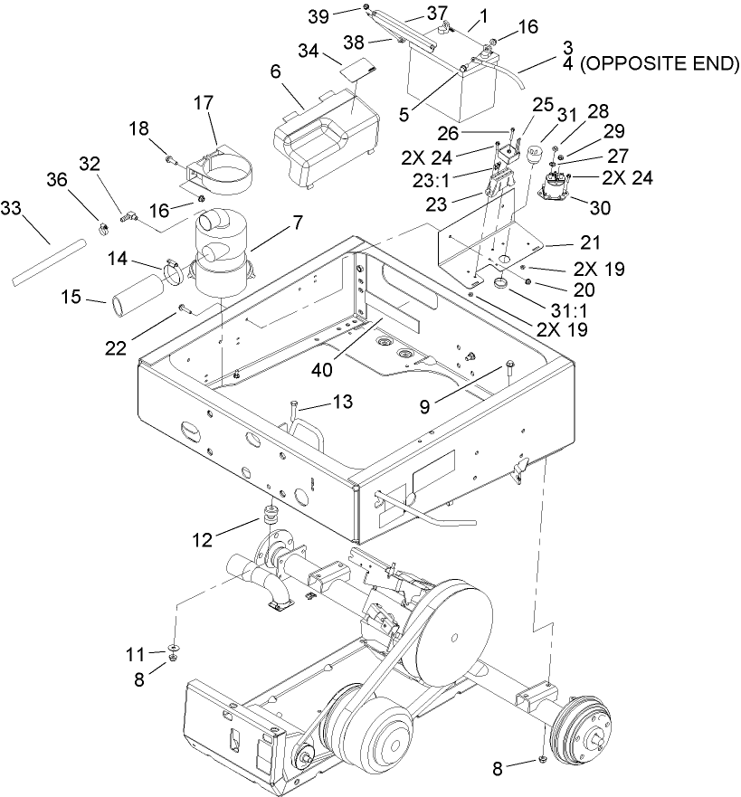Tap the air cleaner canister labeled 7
tap(221, 258)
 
